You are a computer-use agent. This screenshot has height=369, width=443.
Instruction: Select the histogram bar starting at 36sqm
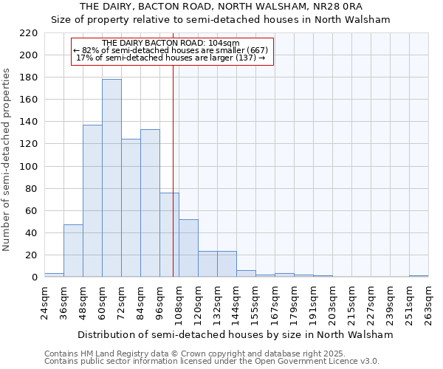[x=73, y=251]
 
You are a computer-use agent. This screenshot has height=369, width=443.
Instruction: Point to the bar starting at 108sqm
[x=188, y=248]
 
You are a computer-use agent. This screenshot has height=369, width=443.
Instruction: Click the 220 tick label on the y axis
[x=28, y=33]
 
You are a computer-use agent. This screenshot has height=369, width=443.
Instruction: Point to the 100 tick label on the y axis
[x=28, y=167]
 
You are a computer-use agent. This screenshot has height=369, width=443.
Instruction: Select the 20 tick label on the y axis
[x=31, y=255]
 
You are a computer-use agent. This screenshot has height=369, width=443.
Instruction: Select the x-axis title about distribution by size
[x=236, y=334]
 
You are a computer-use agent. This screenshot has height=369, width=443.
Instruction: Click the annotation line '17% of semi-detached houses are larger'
[x=171, y=58]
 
